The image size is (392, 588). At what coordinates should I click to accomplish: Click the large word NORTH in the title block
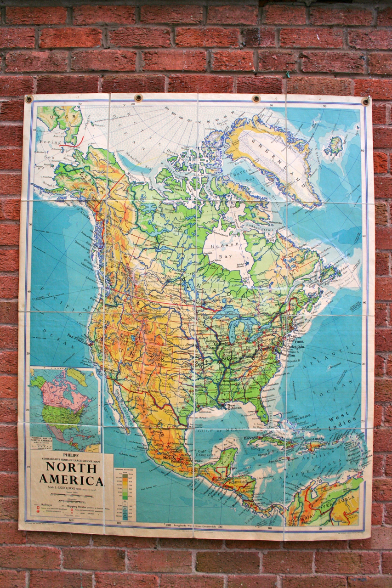pos(71,468)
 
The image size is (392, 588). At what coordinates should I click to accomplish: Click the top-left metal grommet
pos(29,99)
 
